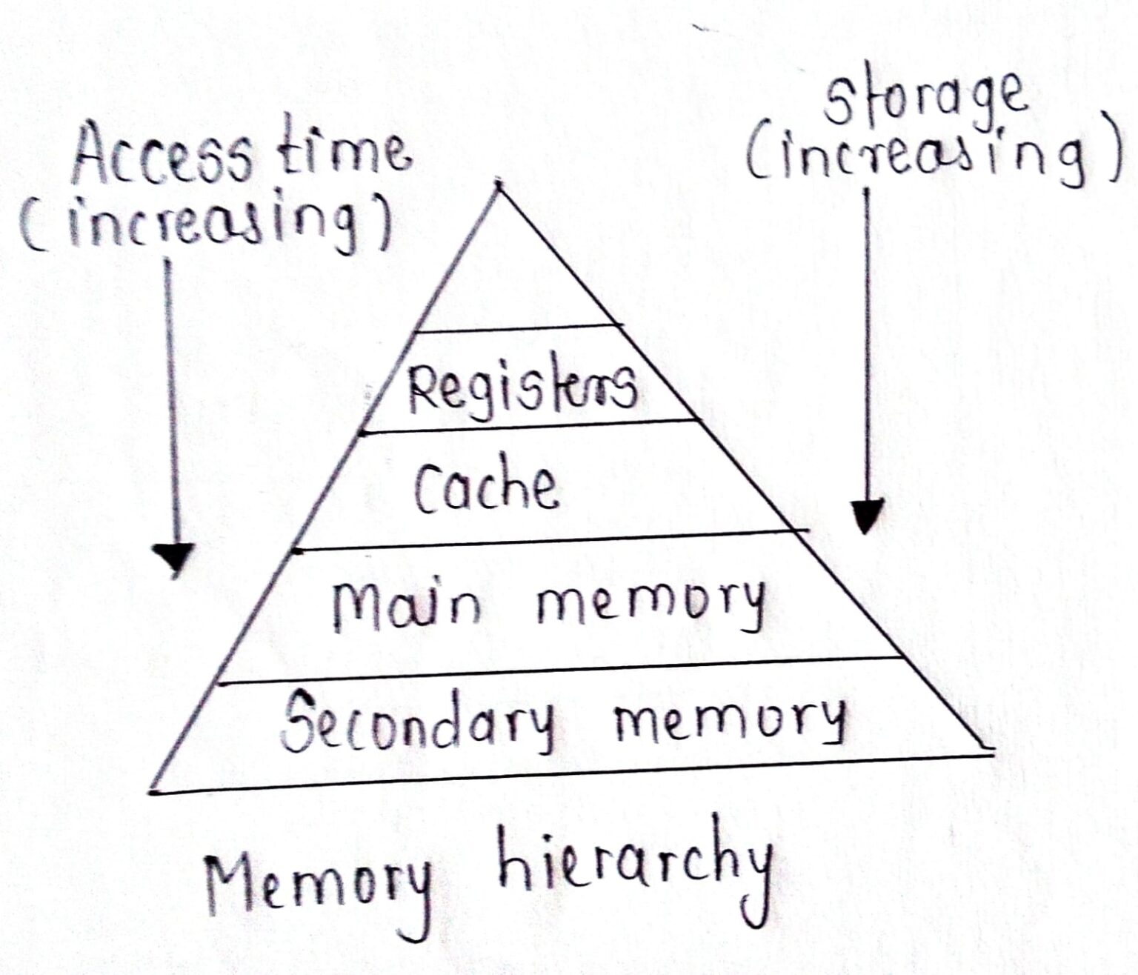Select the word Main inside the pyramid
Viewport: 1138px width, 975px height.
[x=406, y=604]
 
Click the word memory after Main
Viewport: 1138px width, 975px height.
[x=649, y=604]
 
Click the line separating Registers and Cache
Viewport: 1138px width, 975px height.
[x=530, y=426]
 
